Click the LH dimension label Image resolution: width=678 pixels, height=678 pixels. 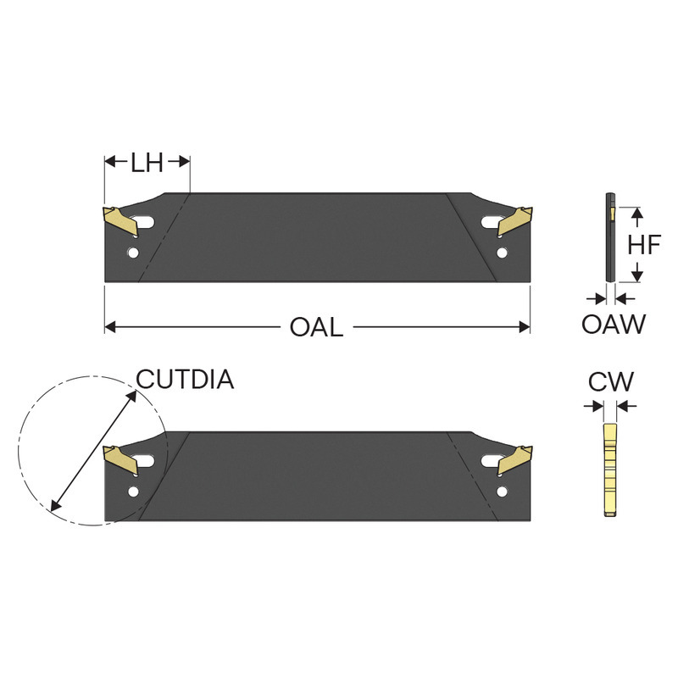(x=147, y=163)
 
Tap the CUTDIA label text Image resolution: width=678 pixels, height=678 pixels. (x=185, y=380)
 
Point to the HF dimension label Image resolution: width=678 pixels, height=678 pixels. (x=644, y=245)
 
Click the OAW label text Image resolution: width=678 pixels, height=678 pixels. (x=614, y=324)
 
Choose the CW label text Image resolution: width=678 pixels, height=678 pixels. (x=611, y=382)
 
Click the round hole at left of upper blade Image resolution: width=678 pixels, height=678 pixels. (x=133, y=253)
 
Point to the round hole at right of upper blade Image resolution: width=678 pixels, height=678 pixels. (x=503, y=253)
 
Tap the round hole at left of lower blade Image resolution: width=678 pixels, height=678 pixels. (x=133, y=492)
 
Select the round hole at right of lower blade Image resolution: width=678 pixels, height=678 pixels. (x=503, y=492)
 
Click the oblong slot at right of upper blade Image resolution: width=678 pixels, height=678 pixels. (x=488, y=222)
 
